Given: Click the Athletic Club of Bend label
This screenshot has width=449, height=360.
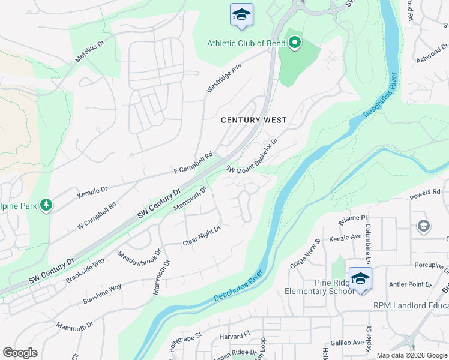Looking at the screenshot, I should [x=246, y=43].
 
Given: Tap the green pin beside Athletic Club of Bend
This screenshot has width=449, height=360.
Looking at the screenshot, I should [x=294, y=43].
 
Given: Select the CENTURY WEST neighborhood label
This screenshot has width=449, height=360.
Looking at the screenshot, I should [x=254, y=120].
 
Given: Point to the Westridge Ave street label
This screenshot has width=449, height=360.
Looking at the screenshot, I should [x=223, y=78].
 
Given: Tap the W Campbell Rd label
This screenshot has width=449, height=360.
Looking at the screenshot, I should [x=97, y=213].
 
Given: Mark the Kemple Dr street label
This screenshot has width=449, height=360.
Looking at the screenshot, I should [x=92, y=193].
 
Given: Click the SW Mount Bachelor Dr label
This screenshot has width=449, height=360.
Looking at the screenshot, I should [x=252, y=155].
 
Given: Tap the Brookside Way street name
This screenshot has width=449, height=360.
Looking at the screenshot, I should [x=85, y=271].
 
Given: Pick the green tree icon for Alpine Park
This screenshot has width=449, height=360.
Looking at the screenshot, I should [x=46, y=205].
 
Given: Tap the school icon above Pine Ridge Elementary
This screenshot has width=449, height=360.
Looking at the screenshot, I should [x=360, y=279].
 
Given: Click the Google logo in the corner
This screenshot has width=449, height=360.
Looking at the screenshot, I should [x=20, y=353].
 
